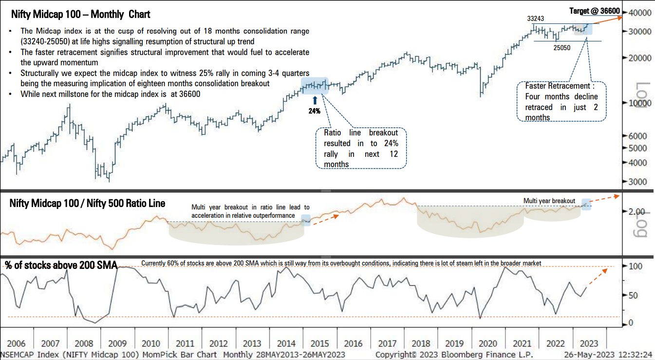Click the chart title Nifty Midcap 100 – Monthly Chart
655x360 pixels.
click(80, 14)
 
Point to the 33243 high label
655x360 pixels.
click(536, 19)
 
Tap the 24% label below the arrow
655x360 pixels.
click(314, 111)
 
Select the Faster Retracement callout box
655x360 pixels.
click(561, 101)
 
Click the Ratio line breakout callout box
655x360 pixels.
click(361, 148)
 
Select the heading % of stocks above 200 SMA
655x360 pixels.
click(61, 265)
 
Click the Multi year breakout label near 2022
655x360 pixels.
click(549, 201)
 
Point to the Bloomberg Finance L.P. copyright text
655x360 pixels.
click(454, 355)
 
